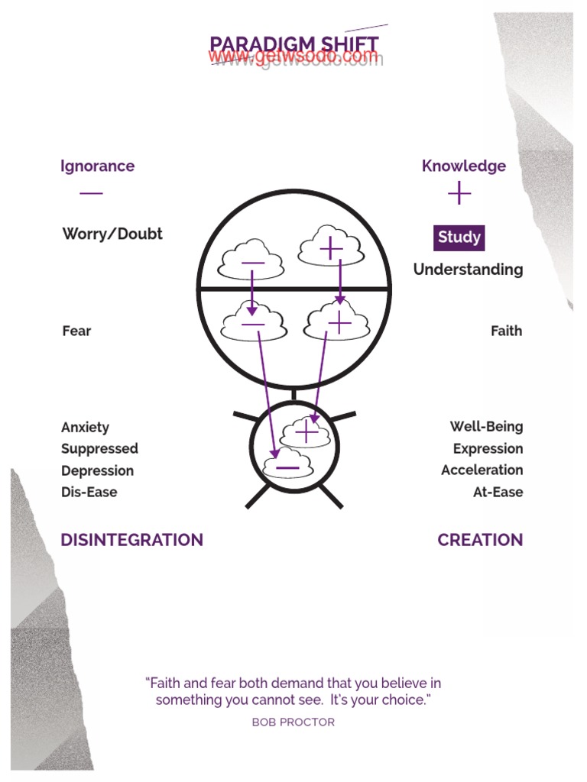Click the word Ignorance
pyautogui.click(x=97, y=166)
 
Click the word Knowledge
pyautogui.click(x=463, y=166)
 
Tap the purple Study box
pyautogui.click(x=459, y=238)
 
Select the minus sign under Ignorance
pyautogui.click(x=91, y=193)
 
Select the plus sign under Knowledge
pyautogui.click(x=459, y=194)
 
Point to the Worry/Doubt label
pyautogui.click(x=112, y=234)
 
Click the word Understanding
pyautogui.click(x=468, y=270)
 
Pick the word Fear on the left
pyautogui.click(x=76, y=331)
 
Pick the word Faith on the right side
pyautogui.click(x=506, y=331)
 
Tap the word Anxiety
pyautogui.click(x=85, y=427)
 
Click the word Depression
pyautogui.click(x=97, y=470)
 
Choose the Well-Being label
pyautogui.click(x=486, y=427)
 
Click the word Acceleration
pyautogui.click(x=482, y=470)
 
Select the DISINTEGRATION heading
pyautogui.click(x=131, y=540)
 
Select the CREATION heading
pyautogui.click(x=480, y=540)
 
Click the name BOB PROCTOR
pyautogui.click(x=293, y=722)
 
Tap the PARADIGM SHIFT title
pyautogui.click(x=294, y=44)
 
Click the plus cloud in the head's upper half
pyautogui.click(x=330, y=247)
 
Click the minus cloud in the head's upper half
pyautogui.click(x=251, y=261)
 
